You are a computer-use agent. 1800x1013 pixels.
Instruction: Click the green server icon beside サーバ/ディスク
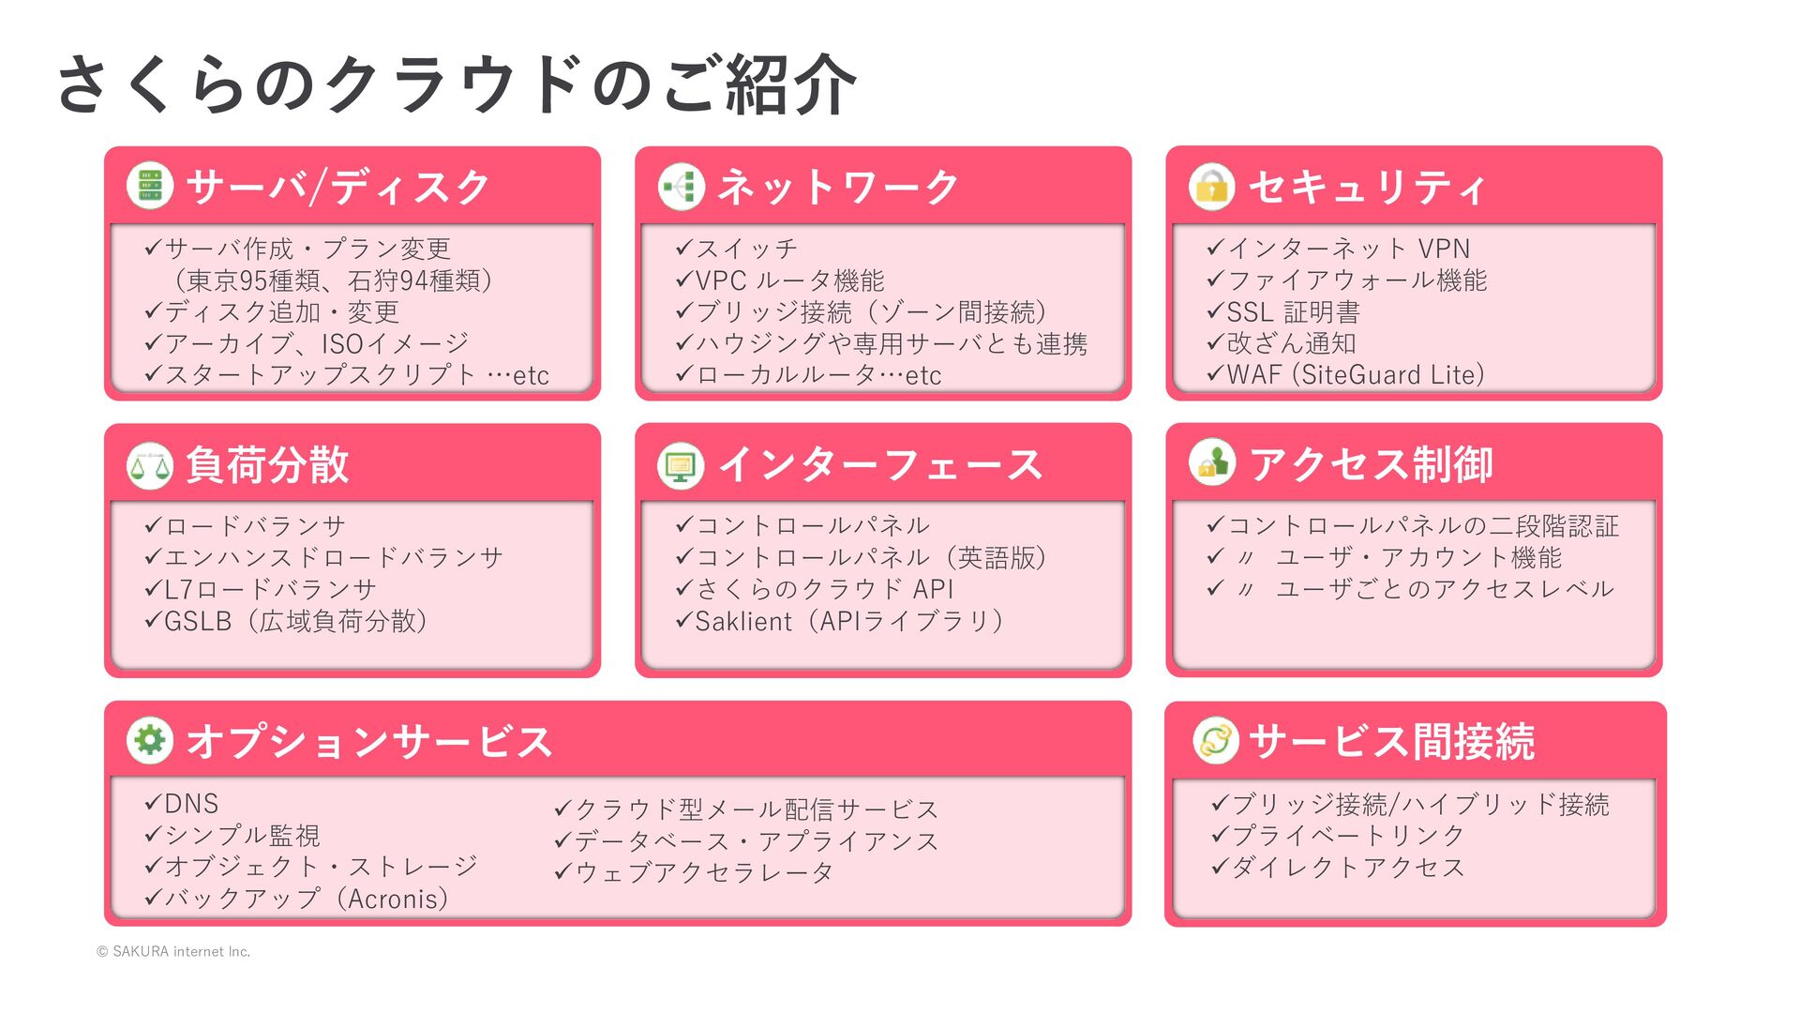(150, 186)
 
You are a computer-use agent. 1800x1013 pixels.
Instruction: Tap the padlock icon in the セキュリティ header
(1211, 186)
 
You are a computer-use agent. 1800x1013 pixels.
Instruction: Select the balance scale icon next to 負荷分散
(150, 464)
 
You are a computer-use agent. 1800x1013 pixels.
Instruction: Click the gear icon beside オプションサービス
(150, 741)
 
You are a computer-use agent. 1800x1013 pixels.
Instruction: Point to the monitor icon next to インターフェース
(681, 464)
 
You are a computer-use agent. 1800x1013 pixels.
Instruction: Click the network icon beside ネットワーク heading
(681, 186)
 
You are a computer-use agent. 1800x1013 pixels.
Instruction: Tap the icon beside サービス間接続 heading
(1216, 741)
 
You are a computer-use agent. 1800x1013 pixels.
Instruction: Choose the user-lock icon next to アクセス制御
(1211, 463)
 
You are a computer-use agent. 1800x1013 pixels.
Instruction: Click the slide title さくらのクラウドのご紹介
(457, 84)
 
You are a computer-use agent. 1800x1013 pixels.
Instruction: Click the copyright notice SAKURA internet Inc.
(173, 951)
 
